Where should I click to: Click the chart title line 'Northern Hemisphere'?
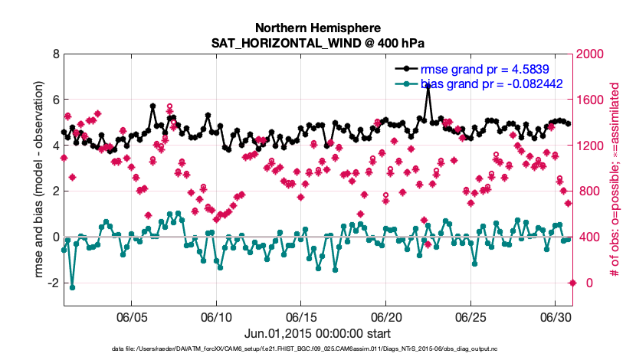(x=318, y=27)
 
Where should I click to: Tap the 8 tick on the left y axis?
(x=54, y=54)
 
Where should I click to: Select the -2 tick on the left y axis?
(x=52, y=283)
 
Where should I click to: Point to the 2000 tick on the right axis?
(x=592, y=54)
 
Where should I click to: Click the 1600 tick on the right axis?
(x=592, y=100)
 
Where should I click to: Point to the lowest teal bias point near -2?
(x=72, y=287)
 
